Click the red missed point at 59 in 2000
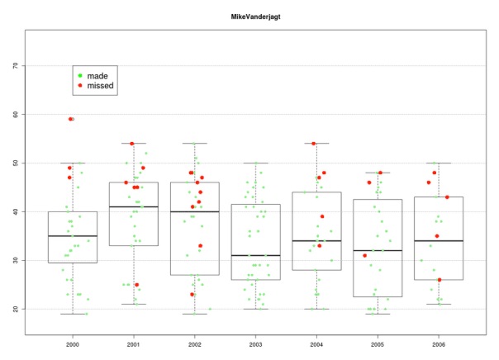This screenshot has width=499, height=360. [x=71, y=119]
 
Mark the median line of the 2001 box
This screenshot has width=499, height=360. [x=134, y=207]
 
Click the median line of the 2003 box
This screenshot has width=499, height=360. [x=256, y=256]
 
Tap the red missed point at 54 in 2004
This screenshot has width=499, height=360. [x=314, y=144]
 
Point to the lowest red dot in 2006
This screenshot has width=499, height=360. [x=440, y=280]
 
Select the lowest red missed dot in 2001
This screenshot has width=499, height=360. [x=137, y=285]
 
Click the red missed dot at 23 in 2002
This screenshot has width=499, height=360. [x=192, y=295]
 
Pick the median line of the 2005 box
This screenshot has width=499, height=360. [x=378, y=251]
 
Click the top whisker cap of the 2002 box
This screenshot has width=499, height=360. [x=195, y=144]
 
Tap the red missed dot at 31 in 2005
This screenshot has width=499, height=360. [x=364, y=256]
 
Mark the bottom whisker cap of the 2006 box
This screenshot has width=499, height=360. [x=440, y=304]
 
